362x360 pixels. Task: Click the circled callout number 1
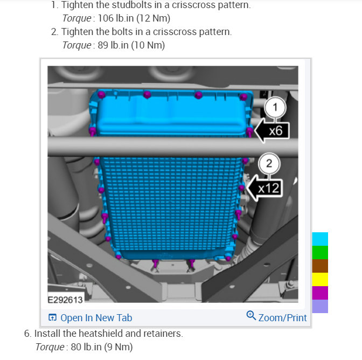point(275,107)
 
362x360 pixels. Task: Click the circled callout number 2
point(269,163)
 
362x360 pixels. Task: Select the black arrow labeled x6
point(271,130)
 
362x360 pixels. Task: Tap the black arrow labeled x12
point(264,188)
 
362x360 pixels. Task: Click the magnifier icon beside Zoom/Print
point(251,315)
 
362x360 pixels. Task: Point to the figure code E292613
point(65,300)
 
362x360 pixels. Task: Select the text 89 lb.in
point(113,45)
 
